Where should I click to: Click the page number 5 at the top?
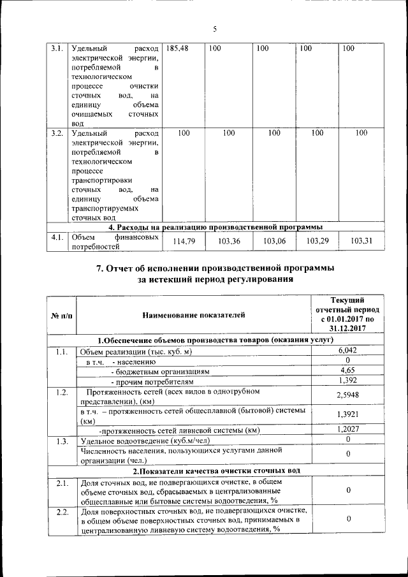click(215, 29)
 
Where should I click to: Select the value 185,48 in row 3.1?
click(177, 48)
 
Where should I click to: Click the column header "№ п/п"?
click(61, 314)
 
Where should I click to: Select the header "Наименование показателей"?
click(193, 314)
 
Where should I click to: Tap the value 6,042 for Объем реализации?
click(347, 351)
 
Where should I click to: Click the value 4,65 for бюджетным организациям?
click(347, 370)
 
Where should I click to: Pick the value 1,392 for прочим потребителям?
click(347, 381)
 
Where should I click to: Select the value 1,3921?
click(347, 414)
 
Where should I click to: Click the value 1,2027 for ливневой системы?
click(347, 430)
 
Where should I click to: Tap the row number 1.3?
click(61, 441)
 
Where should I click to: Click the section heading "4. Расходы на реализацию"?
click(215, 226)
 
